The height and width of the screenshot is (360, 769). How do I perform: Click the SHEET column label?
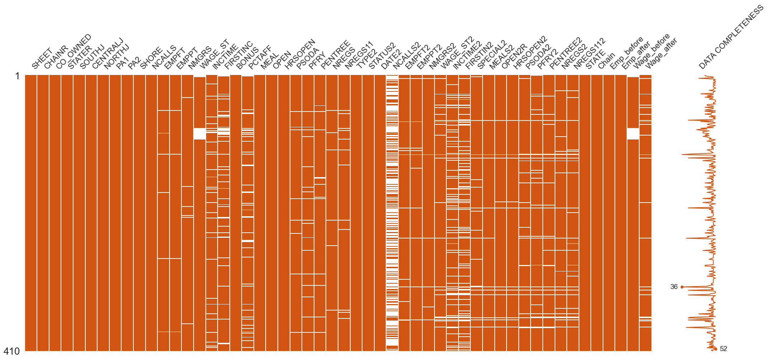tap(42, 59)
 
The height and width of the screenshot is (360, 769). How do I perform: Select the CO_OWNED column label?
tap(73, 51)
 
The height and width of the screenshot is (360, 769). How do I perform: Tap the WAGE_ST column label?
tap(214, 54)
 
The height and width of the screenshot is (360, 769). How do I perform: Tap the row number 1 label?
tap(17, 76)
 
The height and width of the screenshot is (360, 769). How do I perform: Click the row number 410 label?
tap(12, 351)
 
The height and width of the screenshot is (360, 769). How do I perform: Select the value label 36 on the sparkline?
tap(674, 287)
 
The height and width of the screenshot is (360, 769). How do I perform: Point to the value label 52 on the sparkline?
tap(723, 349)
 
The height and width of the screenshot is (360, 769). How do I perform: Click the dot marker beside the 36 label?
tap(682, 287)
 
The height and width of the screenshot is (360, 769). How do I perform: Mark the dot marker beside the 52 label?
tap(716, 349)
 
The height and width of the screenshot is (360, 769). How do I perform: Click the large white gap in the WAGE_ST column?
tap(199, 133)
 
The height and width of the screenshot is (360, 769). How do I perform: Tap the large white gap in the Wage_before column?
tap(633, 133)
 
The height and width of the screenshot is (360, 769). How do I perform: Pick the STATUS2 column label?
tap(382, 56)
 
